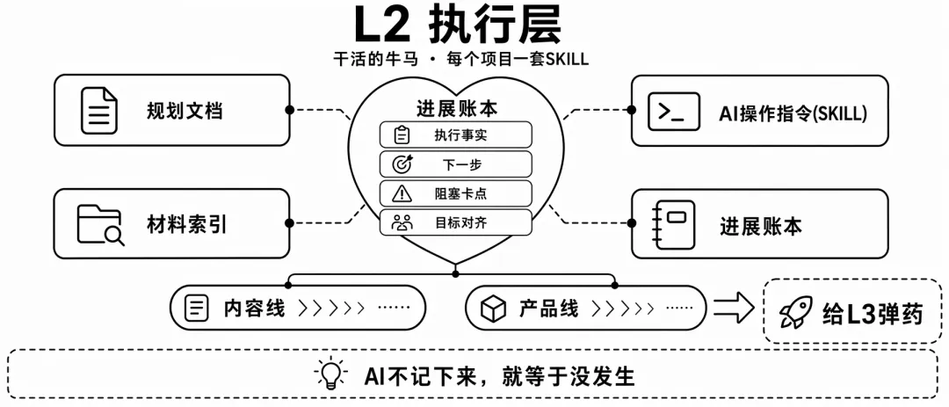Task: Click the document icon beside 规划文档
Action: click(x=99, y=111)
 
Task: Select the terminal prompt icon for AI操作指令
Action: click(x=674, y=111)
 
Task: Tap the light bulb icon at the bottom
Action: click(x=331, y=374)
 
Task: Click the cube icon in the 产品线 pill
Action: click(x=493, y=309)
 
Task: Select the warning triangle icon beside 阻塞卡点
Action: click(x=402, y=193)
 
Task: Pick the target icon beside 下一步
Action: click(x=402, y=164)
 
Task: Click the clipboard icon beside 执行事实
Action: click(x=402, y=135)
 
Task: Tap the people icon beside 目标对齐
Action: click(x=402, y=222)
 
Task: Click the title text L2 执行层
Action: click(x=457, y=25)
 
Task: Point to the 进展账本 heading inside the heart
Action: click(x=457, y=108)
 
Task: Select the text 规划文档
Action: click(x=185, y=111)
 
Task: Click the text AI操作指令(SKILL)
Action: click(x=793, y=113)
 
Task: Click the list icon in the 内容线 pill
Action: click(x=196, y=309)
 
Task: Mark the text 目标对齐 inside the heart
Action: click(x=460, y=222)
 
